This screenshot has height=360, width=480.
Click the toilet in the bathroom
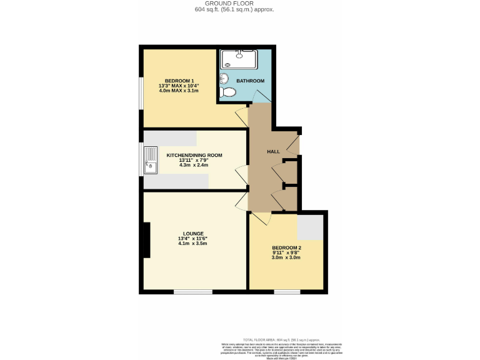pos(229,92)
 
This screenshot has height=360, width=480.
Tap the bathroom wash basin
pos(224,78)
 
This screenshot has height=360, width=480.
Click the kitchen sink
pos(151,159)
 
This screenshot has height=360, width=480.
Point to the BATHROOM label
pos(250,81)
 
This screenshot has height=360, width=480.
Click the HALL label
pos(273,152)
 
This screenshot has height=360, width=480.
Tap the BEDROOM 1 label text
pos(179,81)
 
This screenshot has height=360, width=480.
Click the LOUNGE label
pos(193,234)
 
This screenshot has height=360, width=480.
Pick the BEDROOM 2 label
pos(286,247)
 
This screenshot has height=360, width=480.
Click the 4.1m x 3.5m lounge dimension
pos(192,244)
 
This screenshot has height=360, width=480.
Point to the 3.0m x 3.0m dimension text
pos(286,257)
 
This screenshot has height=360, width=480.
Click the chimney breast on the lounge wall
pos(147,240)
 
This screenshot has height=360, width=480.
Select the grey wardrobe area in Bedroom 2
pos(311,227)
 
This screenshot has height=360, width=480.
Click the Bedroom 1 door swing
pos(241,116)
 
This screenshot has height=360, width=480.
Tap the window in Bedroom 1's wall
pos(140,93)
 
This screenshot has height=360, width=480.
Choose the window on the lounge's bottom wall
pos(192,292)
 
